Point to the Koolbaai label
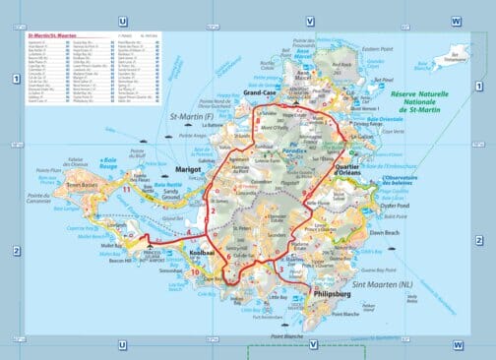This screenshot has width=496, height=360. (202, 252)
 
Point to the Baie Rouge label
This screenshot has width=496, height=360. (109, 159)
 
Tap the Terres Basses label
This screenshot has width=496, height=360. (78, 183)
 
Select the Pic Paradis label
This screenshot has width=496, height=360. (290, 152)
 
